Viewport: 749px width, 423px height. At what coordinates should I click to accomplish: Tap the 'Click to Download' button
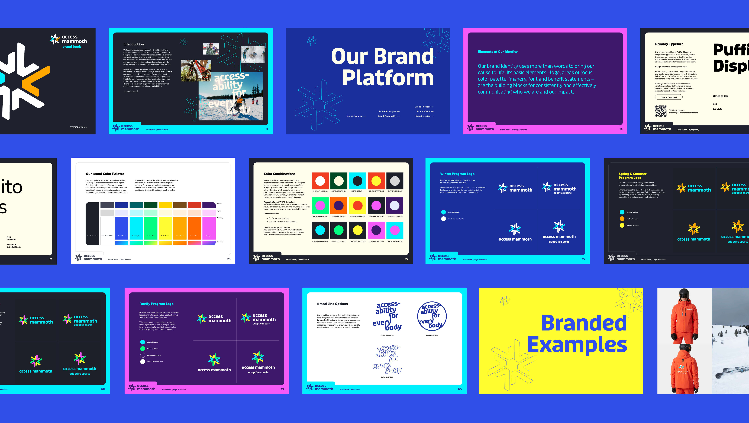pos(669,97)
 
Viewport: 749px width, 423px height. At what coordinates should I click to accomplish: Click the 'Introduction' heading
pos(133,44)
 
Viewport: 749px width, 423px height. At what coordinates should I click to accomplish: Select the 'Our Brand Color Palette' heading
pos(105,174)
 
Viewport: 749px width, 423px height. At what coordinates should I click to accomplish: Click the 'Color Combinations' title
pos(279,174)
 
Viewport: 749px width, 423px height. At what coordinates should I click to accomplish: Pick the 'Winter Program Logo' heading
pos(457,174)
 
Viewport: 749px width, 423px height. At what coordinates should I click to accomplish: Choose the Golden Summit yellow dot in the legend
pos(622,225)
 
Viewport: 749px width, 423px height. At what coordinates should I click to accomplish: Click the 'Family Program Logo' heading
pos(156,304)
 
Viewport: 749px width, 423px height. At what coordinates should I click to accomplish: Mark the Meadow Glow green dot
pos(143,349)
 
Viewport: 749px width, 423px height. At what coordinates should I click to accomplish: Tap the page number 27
pos(406,259)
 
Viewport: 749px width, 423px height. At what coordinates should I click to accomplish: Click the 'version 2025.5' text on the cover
pos(79,127)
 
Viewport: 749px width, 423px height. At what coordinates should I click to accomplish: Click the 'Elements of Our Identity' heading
pos(498,52)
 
